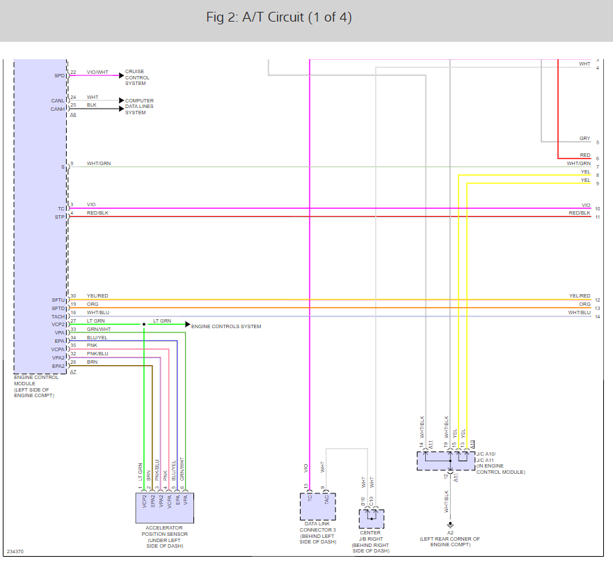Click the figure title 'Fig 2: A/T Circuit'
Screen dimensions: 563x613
[x=279, y=17]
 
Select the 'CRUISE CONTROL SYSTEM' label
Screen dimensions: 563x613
[x=137, y=77]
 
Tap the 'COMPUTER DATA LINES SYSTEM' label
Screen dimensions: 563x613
[x=139, y=107]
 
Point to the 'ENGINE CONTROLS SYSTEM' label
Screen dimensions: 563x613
[x=226, y=326]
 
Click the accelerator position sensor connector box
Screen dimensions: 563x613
[x=164, y=508]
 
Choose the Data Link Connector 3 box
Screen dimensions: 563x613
[x=317, y=507]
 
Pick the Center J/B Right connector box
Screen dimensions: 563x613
[x=371, y=519]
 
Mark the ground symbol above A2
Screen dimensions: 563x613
[x=450, y=525]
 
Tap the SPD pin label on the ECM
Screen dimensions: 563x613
[x=59, y=75]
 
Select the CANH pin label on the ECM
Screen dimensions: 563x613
[x=58, y=109]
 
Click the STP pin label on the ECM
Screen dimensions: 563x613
[x=61, y=217]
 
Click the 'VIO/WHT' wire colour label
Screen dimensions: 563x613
[x=97, y=72]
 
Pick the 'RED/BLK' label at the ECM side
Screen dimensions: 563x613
[x=97, y=213]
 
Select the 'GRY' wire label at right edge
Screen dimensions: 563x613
[x=584, y=139]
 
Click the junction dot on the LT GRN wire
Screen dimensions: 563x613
[x=144, y=325]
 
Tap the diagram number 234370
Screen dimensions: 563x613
[x=15, y=552]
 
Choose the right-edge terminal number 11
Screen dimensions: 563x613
[x=597, y=217]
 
